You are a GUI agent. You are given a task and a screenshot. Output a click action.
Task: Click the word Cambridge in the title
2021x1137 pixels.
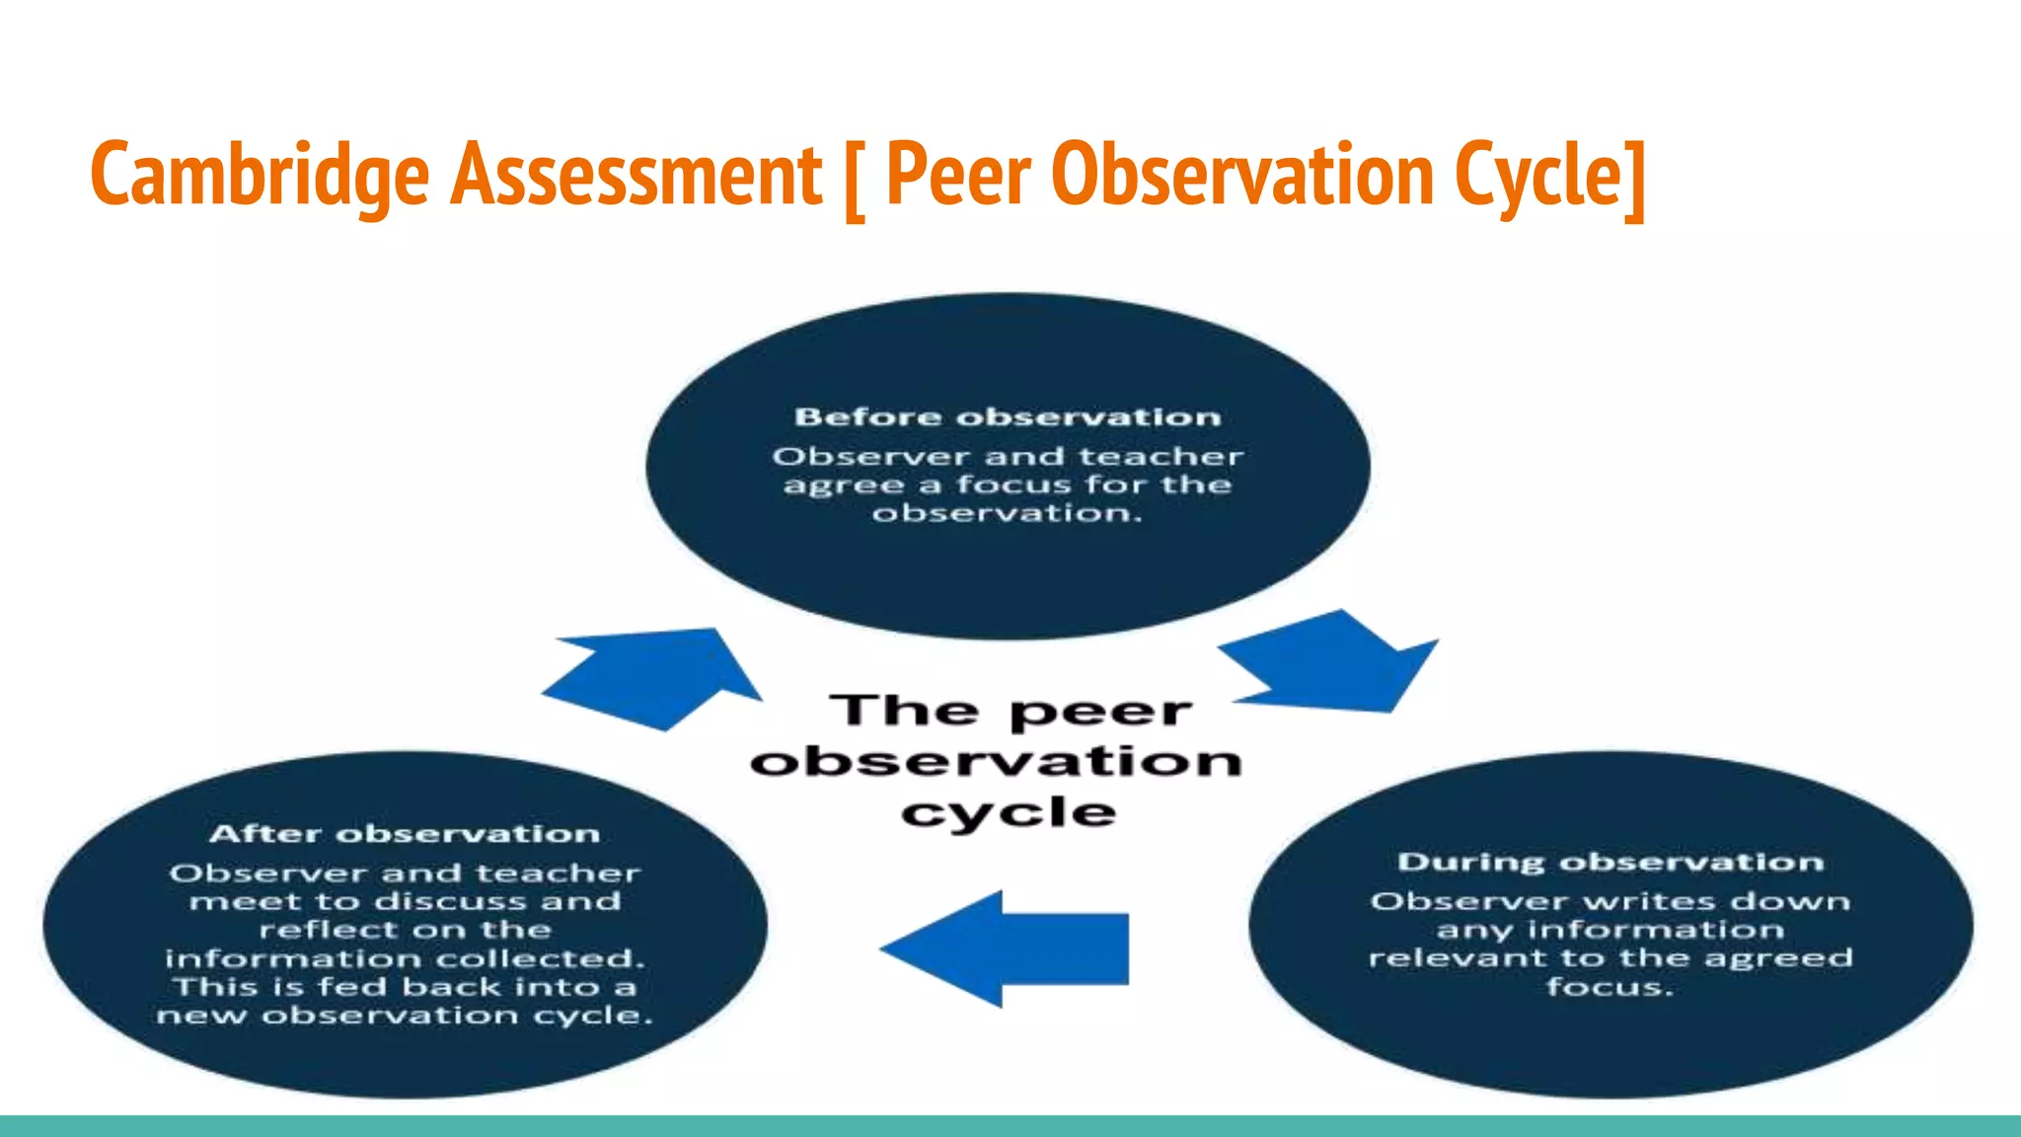click(x=260, y=176)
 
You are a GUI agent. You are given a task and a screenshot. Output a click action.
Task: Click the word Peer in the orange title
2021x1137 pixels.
click(x=958, y=176)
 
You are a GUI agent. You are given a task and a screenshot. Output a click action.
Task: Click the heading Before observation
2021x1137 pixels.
click(x=1008, y=417)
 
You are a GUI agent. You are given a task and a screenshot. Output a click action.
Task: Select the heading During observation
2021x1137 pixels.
click(x=1610, y=863)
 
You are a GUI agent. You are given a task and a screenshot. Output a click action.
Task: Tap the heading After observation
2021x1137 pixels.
click(x=405, y=834)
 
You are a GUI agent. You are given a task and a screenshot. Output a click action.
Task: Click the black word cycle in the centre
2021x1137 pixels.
click(x=1009, y=813)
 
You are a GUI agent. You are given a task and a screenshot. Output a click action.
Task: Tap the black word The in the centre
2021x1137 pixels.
click(x=904, y=711)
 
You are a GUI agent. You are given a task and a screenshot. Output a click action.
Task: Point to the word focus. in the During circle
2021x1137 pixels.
click(x=1610, y=987)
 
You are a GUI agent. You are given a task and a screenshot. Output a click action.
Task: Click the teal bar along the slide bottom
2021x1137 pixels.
click(x=1010, y=1126)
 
